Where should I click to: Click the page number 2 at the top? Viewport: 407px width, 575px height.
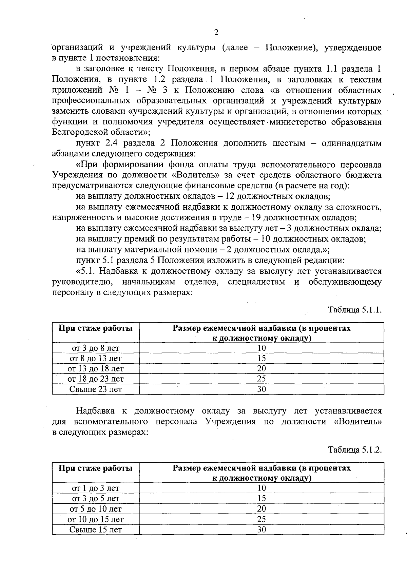click(x=216, y=33)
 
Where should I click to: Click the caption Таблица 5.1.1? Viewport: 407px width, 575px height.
click(x=355, y=310)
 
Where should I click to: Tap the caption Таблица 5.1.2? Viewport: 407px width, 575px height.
click(x=355, y=450)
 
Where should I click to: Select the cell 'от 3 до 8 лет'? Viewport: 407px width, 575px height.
click(x=96, y=348)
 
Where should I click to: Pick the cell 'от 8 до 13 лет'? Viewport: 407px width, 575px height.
click(x=96, y=358)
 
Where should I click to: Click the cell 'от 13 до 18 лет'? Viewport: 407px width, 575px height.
click(x=96, y=369)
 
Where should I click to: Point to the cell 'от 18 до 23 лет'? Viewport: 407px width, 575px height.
click(x=96, y=379)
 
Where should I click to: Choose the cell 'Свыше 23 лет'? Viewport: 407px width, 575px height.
click(x=96, y=389)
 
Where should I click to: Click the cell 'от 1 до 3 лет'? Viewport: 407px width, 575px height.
click(x=96, y=488)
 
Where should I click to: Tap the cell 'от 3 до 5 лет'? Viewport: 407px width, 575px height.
click(x=96, y=499)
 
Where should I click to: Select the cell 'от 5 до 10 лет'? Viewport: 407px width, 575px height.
click(x=96, y=509)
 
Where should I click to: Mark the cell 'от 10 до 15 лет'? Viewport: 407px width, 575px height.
click(x=96, y=519)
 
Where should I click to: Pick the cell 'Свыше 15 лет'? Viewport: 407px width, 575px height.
click(x=96, y=530)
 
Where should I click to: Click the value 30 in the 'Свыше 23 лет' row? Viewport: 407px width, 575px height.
click(x=261, y=389)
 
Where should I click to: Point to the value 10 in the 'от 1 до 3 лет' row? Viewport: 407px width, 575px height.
click(x=261, y=488)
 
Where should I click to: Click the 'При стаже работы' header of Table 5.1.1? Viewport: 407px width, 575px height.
click(x=96, y=328)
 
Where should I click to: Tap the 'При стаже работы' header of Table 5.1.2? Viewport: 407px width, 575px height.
click(x=96, y=468)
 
